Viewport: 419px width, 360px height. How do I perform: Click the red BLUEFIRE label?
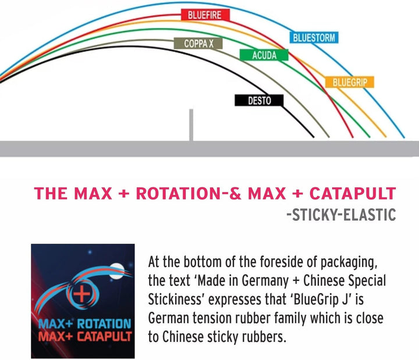coord(205,15)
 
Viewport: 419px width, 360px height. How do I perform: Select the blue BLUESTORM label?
coord(314,37)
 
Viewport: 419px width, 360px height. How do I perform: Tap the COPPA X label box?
coord(198,43)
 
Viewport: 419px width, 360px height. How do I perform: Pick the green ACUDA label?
coord(264,55)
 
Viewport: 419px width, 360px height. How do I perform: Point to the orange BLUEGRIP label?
coord(350,82)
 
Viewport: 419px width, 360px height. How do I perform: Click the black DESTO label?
coord(259,100)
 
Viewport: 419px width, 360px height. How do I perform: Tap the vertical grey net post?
coord(191,124)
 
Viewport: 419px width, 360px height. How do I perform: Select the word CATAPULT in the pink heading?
coord(353,193)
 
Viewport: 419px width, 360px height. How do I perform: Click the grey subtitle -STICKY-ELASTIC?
coord(341,215)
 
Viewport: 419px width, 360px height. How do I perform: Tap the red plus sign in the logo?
coord(82,293)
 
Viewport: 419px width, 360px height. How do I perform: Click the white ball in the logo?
coord(116,271)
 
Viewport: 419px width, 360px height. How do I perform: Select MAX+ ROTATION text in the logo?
coord(85,324)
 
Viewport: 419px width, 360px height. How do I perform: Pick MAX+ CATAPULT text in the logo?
coord(85,336)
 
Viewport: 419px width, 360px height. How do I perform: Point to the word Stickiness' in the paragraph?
coord(176,300)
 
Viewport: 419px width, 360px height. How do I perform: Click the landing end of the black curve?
coord(313,137)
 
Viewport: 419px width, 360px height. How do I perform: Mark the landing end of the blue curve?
coord(404,137)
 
